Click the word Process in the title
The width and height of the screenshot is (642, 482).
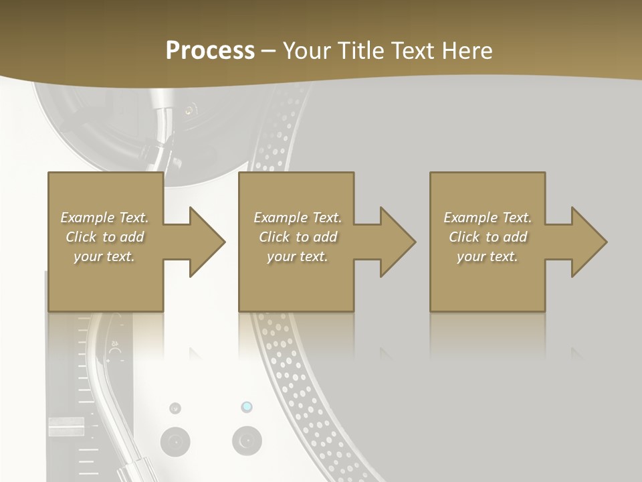(210, 51)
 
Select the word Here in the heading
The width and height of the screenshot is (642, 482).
(468, 51)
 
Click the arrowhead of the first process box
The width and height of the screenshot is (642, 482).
(208, 242)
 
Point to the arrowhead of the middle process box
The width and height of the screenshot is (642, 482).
(399, 242)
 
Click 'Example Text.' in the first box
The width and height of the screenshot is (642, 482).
(104, 218)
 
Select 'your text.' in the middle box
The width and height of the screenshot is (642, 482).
(298, 256)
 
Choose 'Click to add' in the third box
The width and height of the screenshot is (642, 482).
(488, 237)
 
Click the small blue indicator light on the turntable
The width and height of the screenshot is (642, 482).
(247, 407)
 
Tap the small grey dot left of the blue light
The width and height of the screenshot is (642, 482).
(175, 408)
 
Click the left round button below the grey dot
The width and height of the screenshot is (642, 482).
(175, 442)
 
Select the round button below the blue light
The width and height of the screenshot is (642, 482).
(247, 442)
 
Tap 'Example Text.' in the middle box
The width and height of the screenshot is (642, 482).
(298, 218)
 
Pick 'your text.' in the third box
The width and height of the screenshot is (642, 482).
(488, 256)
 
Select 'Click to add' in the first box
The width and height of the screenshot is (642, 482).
(104, 237)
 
